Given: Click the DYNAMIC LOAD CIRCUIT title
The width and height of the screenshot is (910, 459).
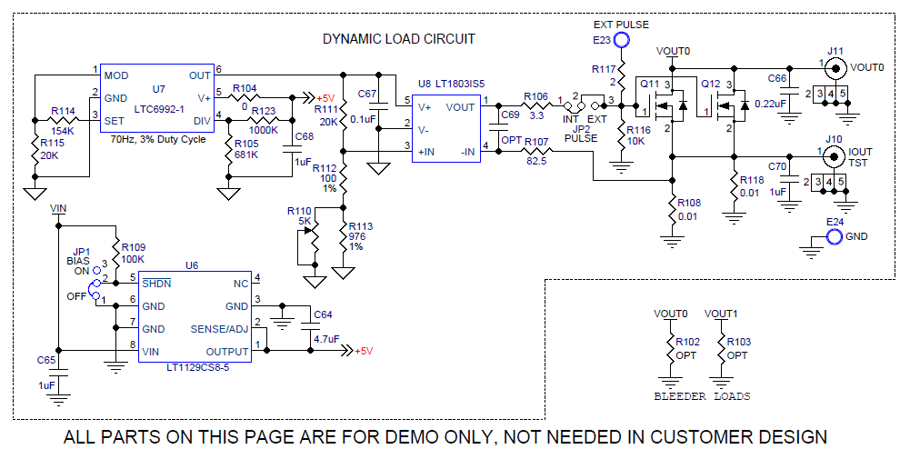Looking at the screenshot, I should [x=399, y=39].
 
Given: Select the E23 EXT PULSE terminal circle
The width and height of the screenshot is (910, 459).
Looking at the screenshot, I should [x=623, y=40].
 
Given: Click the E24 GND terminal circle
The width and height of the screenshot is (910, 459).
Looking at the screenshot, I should [x=833, y=237].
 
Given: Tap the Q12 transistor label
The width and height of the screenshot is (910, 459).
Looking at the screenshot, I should [x=710, y=82].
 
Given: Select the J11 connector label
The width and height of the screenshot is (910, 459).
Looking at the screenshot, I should [x=835, y=50].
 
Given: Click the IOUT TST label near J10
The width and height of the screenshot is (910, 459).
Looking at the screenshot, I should [x=860, y=157].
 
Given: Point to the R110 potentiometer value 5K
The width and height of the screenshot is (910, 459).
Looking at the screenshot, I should [x=305, y=221].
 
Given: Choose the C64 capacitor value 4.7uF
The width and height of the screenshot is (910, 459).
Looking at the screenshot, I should [x=325, y=339].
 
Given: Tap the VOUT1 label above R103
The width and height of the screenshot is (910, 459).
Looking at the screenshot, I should [x=722, y=314].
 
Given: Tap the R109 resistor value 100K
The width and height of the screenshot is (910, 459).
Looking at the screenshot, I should [x=133, y=259].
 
